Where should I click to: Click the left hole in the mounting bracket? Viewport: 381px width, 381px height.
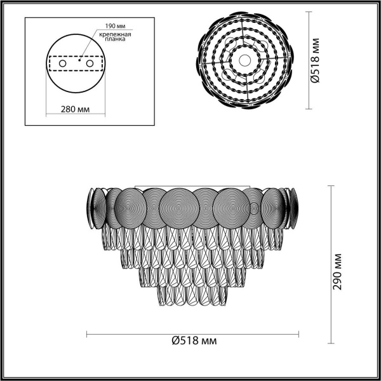coord(62,64)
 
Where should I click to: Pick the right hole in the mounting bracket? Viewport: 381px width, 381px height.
coord(90,64)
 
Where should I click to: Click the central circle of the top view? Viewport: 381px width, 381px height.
coord(245,60)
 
